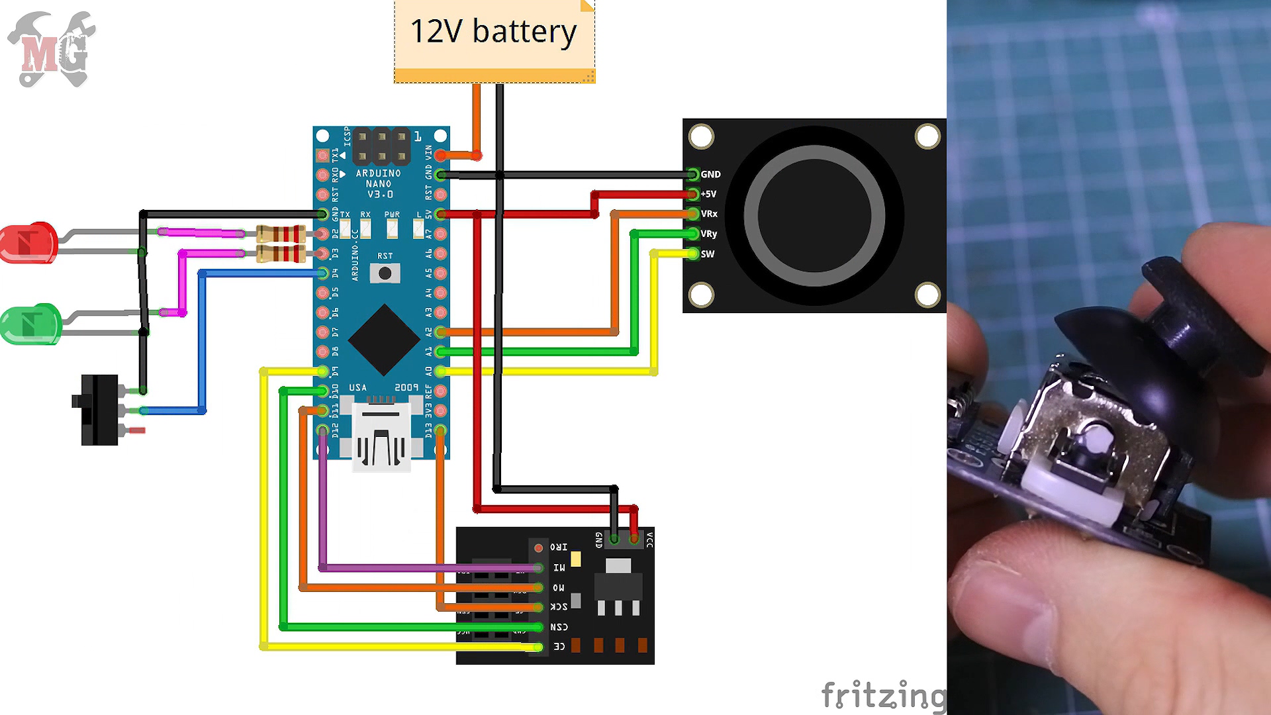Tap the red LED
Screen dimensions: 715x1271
coord(28,243)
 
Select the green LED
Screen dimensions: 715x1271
coord(30,324)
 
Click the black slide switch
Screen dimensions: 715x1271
coord(99,410)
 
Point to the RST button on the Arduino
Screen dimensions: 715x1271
coord(385,273)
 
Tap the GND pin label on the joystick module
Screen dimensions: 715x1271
coord(710,175)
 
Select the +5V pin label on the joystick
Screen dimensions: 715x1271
coord(708,195)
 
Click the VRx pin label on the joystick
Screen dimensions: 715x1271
coord(709,215)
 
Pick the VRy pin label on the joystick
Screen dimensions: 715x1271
coord(709,234)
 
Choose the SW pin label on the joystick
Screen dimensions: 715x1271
coord(708,254)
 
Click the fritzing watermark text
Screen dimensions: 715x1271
coord(884,695)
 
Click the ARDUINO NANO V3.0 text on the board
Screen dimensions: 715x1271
coord(378,184)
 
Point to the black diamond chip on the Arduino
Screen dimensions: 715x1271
coord(384,340)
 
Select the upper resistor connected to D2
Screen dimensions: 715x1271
coord(281,233)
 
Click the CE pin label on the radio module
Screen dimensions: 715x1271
coord(559,647)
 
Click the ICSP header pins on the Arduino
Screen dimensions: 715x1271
coord(381,146)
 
